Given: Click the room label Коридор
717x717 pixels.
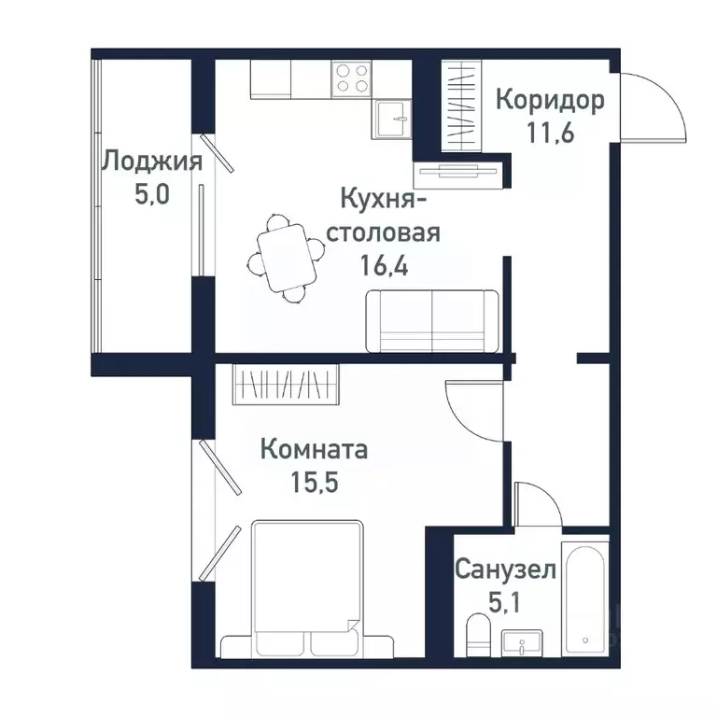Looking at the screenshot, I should pos(550,100).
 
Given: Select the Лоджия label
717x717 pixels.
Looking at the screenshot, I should pos(152,162).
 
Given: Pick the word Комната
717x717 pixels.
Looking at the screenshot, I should pos(314,449).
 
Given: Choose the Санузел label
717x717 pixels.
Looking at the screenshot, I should pos(506,569).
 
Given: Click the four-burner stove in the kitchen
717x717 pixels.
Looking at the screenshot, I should pos(351,77).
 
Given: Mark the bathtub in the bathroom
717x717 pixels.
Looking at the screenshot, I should pos(585,597).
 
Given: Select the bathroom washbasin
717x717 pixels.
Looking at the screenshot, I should pos(527,643).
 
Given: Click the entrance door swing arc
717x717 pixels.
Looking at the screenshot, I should pos(654,107).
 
